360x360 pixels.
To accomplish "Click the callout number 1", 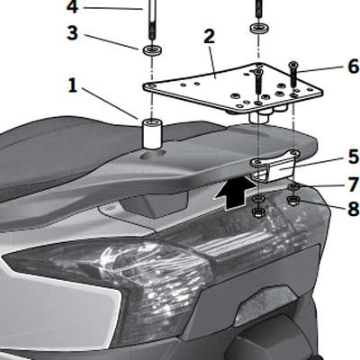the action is click(x=73, y=86).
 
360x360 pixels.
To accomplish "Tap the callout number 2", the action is click(x=209, y=37).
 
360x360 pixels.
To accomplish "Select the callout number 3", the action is click(x=72, y=32).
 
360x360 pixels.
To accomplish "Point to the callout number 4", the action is click(x=72, y=6).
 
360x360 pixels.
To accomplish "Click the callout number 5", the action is click(x=354, y=157).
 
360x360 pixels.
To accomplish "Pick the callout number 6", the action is click(x=354, y=67).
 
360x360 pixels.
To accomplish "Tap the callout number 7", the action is click(x=354, y=184).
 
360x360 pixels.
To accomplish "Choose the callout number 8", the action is click(x=354, y=208).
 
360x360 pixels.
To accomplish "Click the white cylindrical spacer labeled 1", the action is click(x=152, y=133).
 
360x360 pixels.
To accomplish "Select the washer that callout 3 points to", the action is click(x=152, y=49).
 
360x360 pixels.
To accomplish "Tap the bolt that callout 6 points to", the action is click(x=292, y=75).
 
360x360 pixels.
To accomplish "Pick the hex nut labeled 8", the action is click(x=292, y=200).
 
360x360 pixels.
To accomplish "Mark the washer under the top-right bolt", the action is click(x=259, y=29).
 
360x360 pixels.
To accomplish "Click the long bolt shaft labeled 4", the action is click(x=152, y=20).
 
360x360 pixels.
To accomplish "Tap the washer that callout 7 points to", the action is click(x=292, y=186).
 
